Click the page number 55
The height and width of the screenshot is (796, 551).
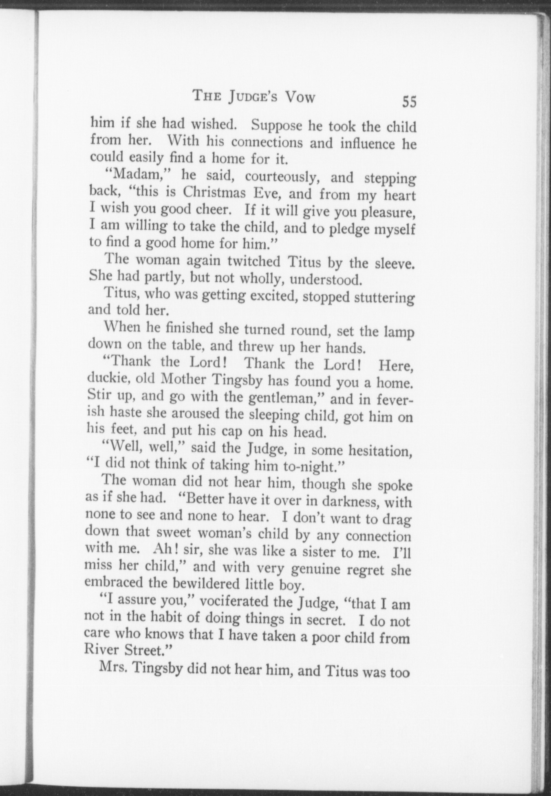[409, 101]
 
